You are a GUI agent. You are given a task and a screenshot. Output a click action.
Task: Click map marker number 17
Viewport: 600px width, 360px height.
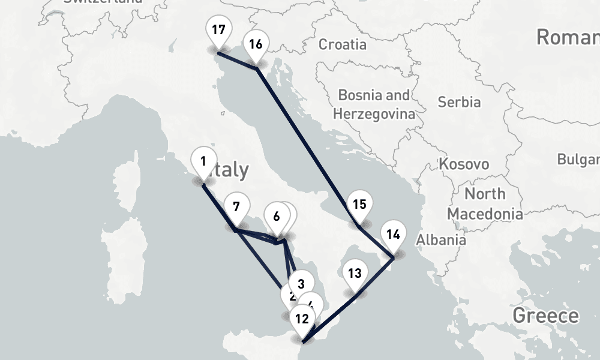point(218,30)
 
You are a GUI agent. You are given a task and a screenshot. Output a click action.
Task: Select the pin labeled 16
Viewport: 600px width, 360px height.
point(256,45)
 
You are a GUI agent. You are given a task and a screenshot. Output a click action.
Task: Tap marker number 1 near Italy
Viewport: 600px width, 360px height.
point(203,162)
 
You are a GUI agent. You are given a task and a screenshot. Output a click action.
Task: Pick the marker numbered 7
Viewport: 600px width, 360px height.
point(236,208)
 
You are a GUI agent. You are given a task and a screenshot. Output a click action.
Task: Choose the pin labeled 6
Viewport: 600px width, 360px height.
point(275,217)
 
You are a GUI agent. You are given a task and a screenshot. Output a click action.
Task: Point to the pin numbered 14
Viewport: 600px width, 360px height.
point(393,235)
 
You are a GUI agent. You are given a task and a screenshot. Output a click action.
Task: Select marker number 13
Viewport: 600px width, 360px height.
point(355,275)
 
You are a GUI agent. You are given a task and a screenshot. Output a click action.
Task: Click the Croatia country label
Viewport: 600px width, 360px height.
point(342,44)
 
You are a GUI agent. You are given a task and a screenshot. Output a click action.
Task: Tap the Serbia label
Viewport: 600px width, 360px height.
point(459,102)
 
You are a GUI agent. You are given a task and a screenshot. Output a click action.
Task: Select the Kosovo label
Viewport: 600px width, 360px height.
point(464,164)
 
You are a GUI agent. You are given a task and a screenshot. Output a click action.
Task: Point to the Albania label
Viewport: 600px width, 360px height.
point(441,240)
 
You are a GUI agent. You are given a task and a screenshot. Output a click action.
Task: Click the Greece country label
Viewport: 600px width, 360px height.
point(546,316)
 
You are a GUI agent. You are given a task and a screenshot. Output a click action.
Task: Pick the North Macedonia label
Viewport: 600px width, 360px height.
point(484,204)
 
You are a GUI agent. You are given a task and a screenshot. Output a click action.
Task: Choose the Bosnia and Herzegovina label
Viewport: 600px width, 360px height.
point(374,104)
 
